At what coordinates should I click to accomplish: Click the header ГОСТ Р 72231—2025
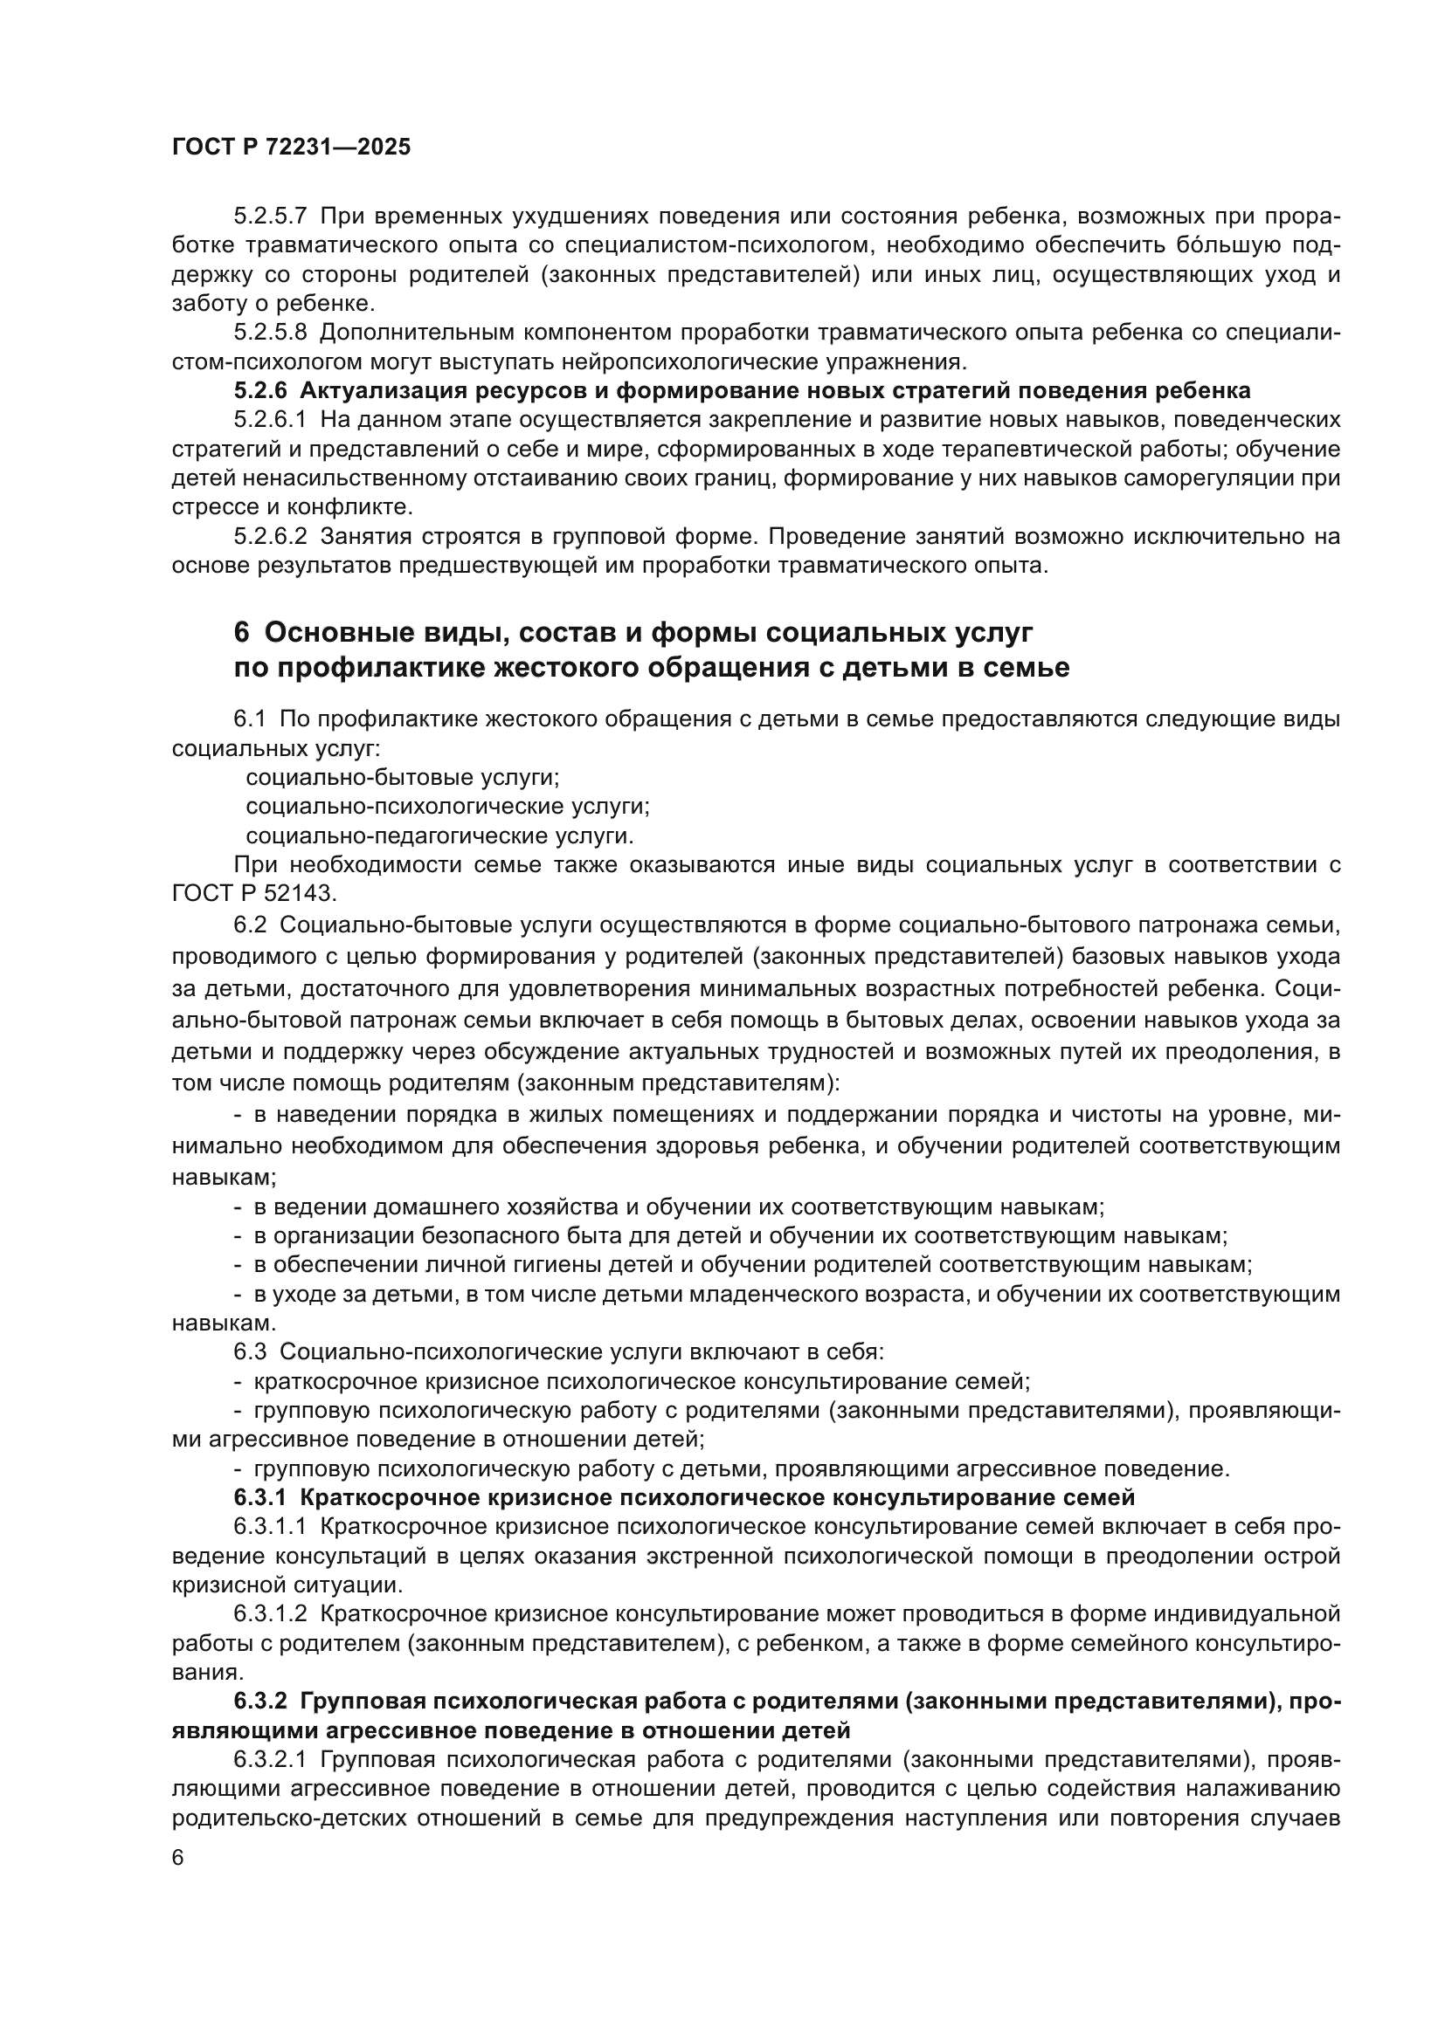click(x=291, y=148)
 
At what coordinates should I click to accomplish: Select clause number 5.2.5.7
click(x=271, y=217)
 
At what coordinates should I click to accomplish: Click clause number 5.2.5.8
click(x=271, y=333)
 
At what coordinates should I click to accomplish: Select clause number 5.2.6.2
click(x=271, y=536)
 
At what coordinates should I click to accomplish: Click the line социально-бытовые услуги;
click(x=402, y=777)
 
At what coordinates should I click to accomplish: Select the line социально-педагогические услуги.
click(x=439, y=836)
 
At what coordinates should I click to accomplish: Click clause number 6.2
click(x=250, y=925)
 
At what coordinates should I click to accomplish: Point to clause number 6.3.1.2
click(x=271, y=1614)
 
